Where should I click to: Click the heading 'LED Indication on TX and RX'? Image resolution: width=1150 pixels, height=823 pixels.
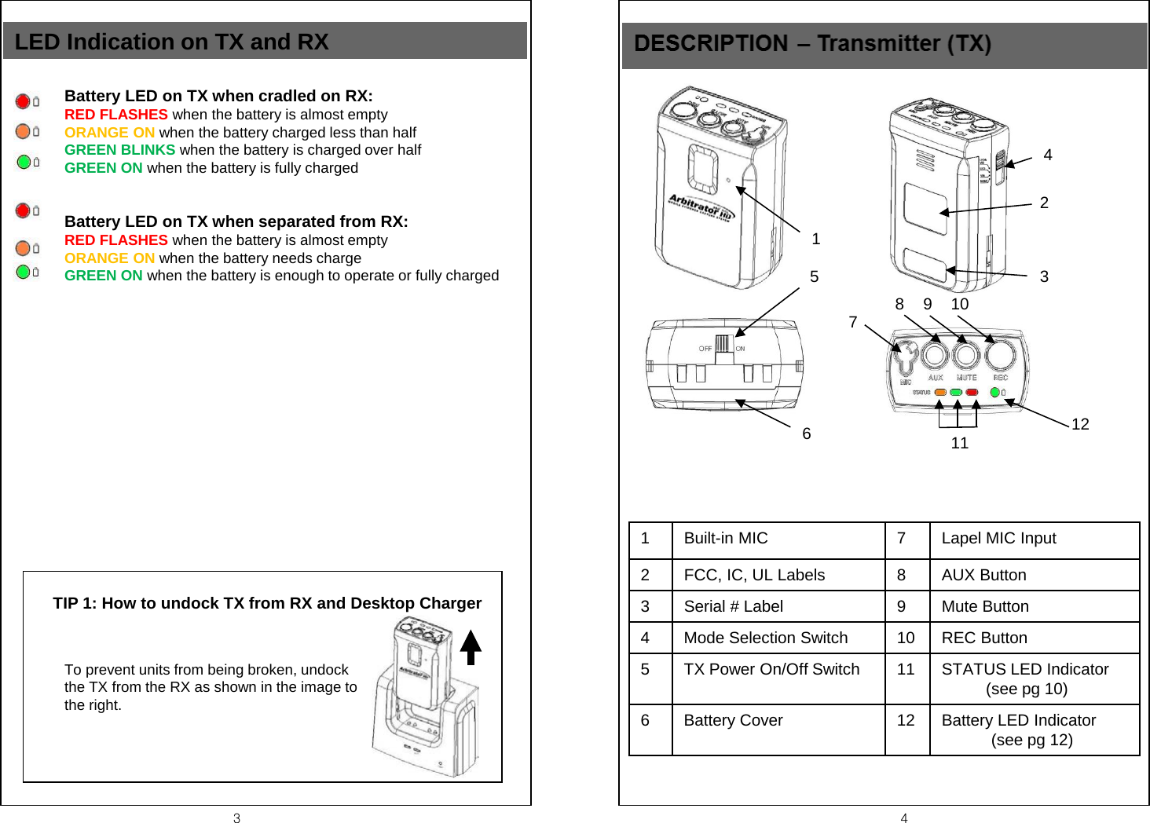[171, 42]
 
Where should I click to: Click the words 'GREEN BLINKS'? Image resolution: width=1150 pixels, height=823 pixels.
[119, 150]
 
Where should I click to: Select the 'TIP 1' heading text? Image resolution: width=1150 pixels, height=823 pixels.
[267, 603]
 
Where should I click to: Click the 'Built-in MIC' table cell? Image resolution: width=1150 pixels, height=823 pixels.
[778, 539]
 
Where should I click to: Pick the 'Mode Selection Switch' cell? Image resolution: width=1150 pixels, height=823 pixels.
[778, 638]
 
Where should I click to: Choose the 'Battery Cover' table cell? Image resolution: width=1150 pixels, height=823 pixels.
[778, 721]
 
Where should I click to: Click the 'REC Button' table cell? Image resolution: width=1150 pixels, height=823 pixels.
[1034, 638]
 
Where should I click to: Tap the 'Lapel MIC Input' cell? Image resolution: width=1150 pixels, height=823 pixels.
[1034, 539]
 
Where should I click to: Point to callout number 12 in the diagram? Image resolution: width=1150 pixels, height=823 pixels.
[1080, 425]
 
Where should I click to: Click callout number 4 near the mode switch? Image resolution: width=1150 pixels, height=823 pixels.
[1047, 155]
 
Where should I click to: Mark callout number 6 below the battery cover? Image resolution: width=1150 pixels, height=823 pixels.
[806, 434]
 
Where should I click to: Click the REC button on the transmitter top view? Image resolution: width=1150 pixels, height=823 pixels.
[1000, 355]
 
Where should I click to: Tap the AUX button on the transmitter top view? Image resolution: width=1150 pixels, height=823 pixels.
[934, 356]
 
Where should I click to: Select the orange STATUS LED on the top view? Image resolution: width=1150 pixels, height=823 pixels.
[939, 392]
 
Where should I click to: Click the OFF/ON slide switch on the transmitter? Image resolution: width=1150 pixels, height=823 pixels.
[723, 346]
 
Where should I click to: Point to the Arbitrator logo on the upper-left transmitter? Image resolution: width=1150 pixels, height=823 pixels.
[700, 207]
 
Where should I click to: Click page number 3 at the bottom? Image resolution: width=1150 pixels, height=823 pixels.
[236, 818]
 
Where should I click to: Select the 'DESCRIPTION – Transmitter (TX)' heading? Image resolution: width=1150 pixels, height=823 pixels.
[812, 44]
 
